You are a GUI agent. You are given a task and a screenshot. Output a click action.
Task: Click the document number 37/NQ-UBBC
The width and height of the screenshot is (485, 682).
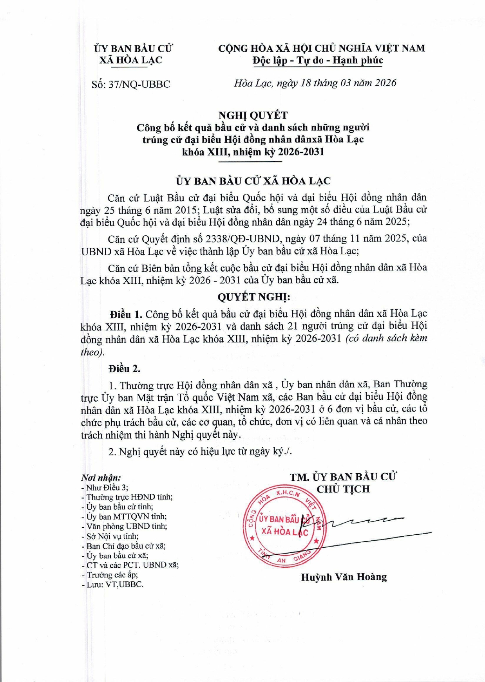pyautogui.click(x=139, y=84)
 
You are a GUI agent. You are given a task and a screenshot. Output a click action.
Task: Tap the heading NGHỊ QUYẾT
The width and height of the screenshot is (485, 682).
pyautogui.click(x=253, y=115)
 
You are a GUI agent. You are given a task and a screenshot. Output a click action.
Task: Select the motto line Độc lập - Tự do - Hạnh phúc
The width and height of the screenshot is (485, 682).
pyautogui.click(x=318, y=60)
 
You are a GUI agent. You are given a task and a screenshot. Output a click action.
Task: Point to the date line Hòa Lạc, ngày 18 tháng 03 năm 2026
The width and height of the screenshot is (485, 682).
pyautogui.click(x=315, y=83)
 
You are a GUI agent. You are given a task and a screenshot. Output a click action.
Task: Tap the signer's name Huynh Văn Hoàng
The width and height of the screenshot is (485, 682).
pyautogui.click(x=344, y=577)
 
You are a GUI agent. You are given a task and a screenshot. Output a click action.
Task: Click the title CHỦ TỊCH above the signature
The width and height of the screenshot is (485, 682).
pyautogui.click(x=343, y=489)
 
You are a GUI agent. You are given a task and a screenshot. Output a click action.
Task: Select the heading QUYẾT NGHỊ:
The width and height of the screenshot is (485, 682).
pyautogui.click(x=253, y=297)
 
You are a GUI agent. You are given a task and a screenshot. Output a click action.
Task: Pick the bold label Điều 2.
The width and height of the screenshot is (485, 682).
pyautogui.click(x=125, y=368)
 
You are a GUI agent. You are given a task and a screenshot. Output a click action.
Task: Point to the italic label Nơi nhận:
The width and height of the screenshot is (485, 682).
pyautogui.click(x=101, y=478)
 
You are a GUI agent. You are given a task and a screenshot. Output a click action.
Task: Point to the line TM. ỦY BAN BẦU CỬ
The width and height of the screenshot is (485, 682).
pyautogui.click(x=343, y=477)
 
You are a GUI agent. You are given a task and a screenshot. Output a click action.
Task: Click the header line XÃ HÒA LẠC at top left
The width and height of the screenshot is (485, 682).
pyautogui.click(x=130, y=60)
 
